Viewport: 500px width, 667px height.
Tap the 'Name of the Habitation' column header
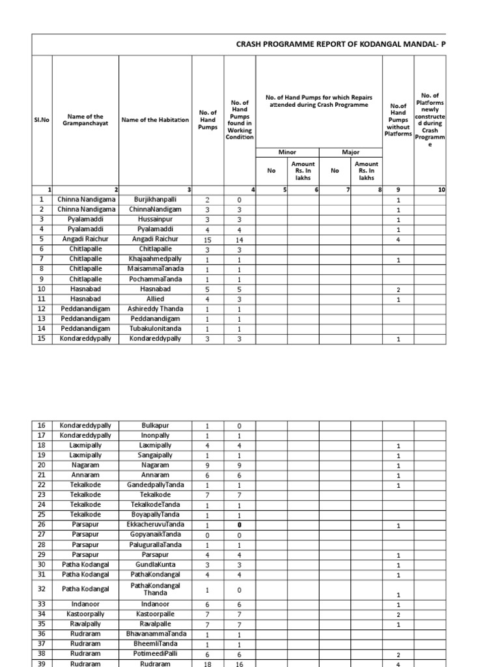tap(155, 120)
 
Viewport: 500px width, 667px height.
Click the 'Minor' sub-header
tap(287, 152)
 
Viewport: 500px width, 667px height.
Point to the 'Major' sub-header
tap(351, 152)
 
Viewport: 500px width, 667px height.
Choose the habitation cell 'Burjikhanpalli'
tap(155, 199)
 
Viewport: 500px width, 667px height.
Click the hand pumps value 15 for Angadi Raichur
tap(207, 239)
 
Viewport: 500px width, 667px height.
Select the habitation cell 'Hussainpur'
tap(155, 220)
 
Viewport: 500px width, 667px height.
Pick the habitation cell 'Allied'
tap(155, 299)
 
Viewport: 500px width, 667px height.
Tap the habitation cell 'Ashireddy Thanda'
tap(155, 309)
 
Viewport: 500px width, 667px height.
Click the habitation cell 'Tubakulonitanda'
tap(155, 329)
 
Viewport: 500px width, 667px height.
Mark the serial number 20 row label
tap(42, 465)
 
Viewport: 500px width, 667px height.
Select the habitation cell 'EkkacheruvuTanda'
tap(155, 524)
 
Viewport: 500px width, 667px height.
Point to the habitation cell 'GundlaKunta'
tap(155, 564)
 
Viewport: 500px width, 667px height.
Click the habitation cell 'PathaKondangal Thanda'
tap(155, 589)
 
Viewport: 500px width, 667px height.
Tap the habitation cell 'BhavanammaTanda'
tap(155, 633)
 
